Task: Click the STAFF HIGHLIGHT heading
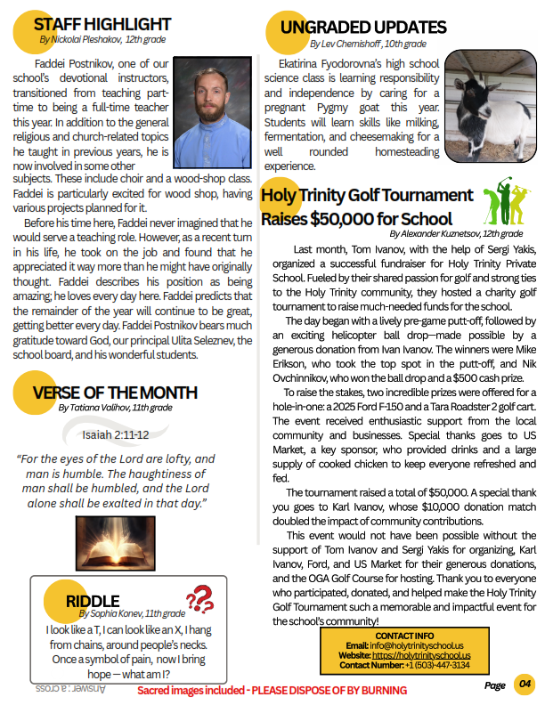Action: (x=103, y=23)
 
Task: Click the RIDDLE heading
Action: (x=93, y=601)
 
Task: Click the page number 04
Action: (x=525, y=685)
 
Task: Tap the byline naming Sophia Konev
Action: (x=132, y=613)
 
